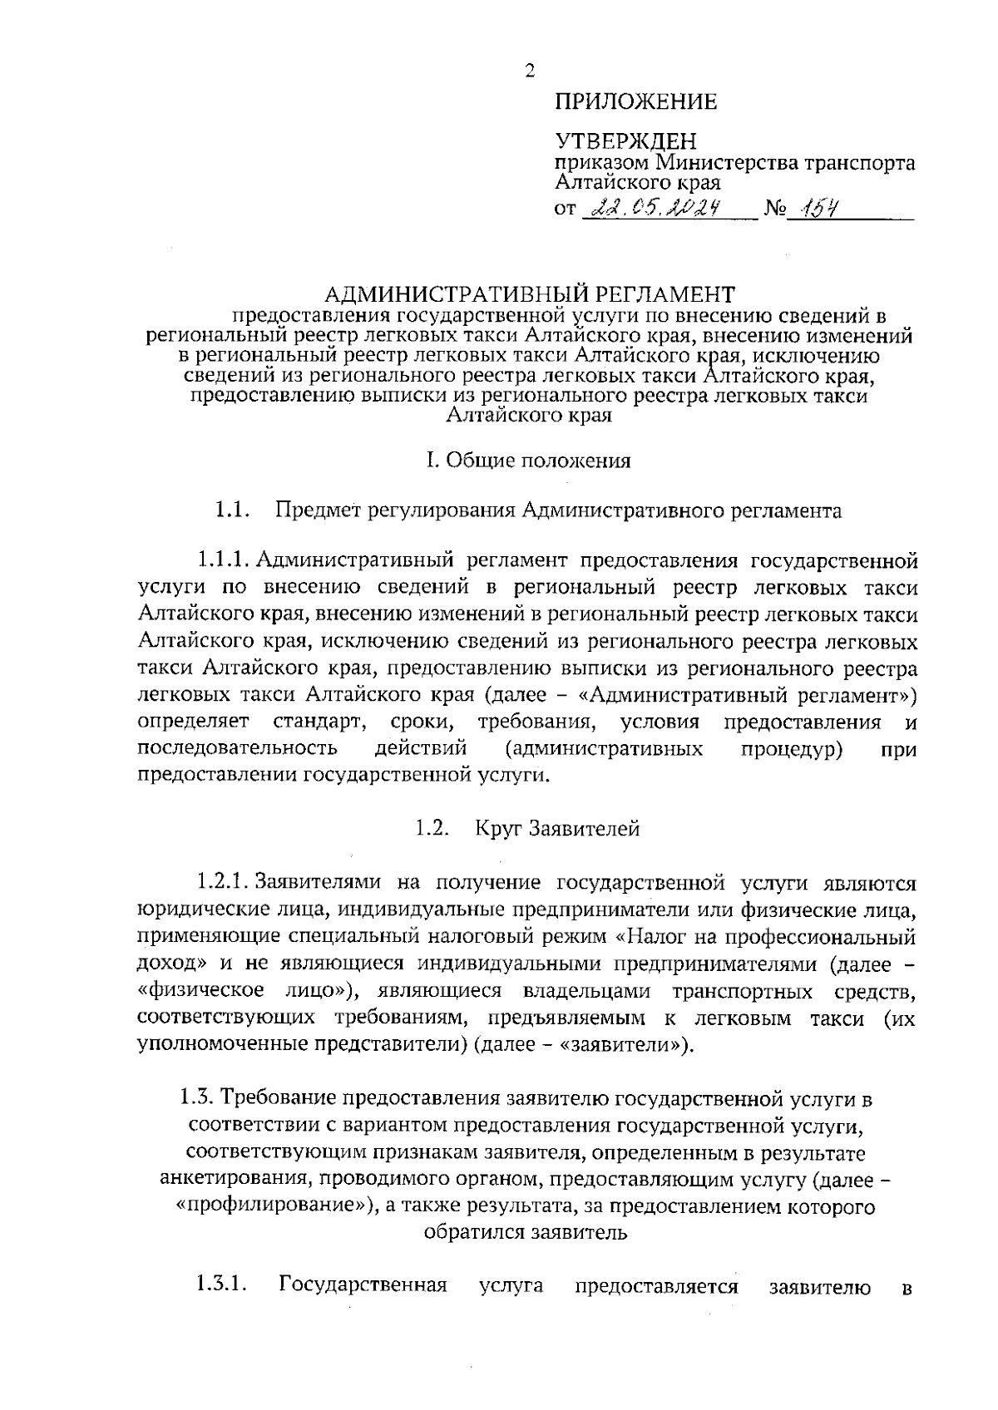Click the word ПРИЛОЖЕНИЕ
(x=635, y=102)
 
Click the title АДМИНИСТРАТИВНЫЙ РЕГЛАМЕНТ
(x=529, y=294)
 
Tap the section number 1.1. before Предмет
(x=232, y=510)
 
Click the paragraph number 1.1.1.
(x=225, y=561)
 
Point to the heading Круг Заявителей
(x=557, y=829)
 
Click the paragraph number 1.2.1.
(x=225, y=881)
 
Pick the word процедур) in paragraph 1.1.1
(x=792, y=749)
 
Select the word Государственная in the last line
(x=363, y=1285)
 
